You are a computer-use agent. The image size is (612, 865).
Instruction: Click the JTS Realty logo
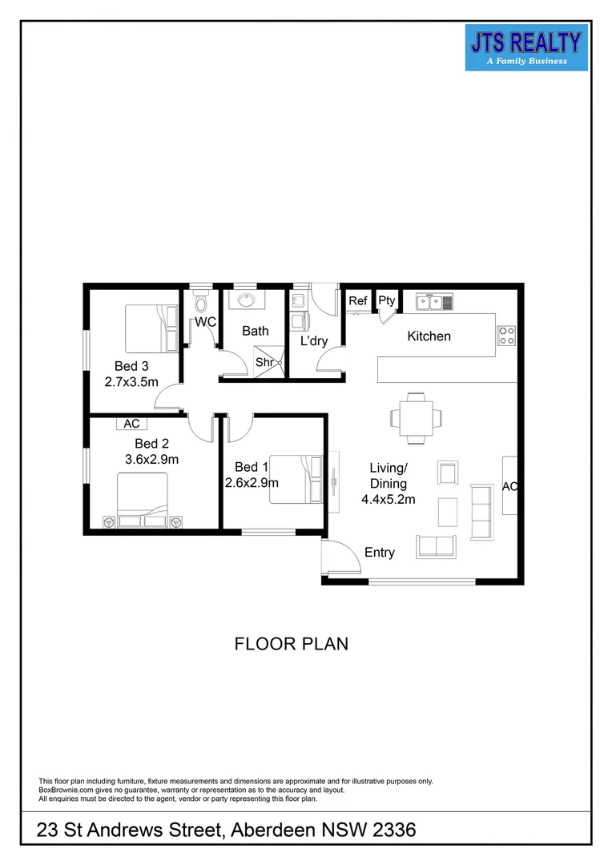point(526,46)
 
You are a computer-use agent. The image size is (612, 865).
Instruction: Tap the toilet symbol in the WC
point(200,304)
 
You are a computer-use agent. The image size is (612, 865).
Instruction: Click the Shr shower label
point(264,362)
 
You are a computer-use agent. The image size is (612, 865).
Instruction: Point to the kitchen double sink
point(434,302)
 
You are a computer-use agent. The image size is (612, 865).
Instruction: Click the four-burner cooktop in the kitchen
point(506,336)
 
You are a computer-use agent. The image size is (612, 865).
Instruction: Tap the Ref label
point(357,301)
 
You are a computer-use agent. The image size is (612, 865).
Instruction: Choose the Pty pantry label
point(387,301)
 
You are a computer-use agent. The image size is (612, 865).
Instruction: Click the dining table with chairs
point(416,417)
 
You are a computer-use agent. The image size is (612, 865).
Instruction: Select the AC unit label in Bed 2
point(131,424)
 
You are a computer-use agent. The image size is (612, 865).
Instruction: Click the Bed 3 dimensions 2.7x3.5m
point(131,382)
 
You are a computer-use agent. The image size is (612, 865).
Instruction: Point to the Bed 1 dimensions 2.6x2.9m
point(252,482)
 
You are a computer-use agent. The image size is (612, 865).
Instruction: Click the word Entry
point(380,552)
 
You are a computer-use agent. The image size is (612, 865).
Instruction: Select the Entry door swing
point(337,556)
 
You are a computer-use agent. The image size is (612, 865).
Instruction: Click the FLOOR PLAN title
point(291,644)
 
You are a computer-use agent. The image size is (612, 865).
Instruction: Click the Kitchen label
point(429,336)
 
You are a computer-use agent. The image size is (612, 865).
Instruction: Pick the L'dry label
point(314,341)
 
